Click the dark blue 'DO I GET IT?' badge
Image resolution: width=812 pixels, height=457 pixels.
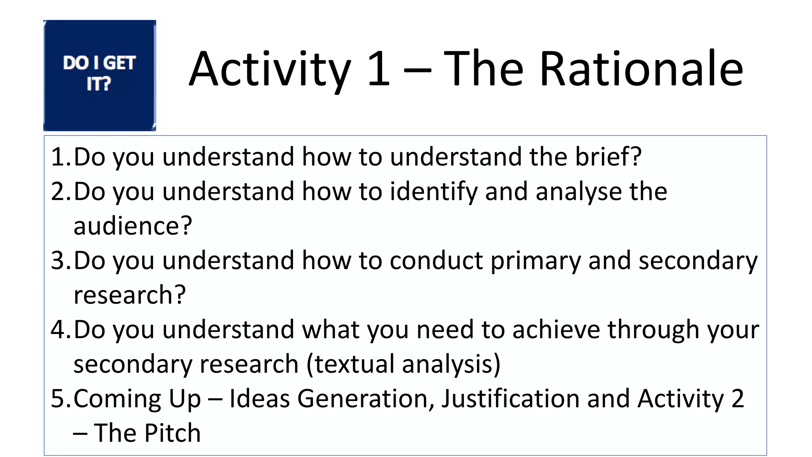pyautogui.click(x=100, y=75)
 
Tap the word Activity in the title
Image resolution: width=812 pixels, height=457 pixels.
pyautogui.click(x=270, y=69)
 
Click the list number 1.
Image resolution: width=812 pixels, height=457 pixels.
pyautogui.click(x=59, y=157)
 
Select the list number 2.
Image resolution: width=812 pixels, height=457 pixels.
pyautogui.click(x=59, y=191)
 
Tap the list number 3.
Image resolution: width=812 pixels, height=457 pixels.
pyautogui.click(x=59, y=261)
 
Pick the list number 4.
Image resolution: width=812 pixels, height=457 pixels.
pyautogui.click(x=59, y=330)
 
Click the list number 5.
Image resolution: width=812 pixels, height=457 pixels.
pyautogui.click(x=59, y=399)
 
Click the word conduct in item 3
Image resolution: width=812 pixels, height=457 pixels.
pyautogui.click(x=436, y=261)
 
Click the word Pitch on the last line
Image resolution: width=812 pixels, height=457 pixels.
pyautogui.click(x=172, y=433)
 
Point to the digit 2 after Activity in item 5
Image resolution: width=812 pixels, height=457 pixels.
pyautogui.click(x=737, y=399)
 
